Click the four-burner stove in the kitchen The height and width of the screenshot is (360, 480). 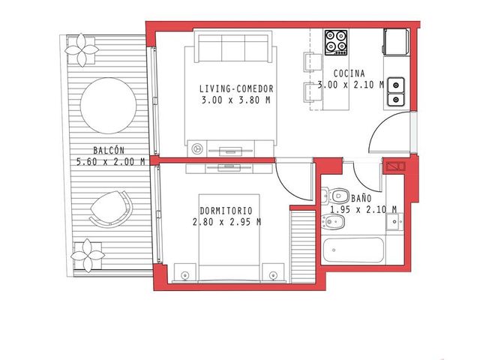pyautogui.click(x=336, y=42)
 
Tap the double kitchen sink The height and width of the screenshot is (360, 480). pyautogui.click(x=396, y=91)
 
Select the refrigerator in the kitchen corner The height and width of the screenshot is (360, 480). pyautogui.click(x=396, y=42)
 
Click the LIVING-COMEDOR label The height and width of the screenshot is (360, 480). pyautogui.click(x=236, y=88)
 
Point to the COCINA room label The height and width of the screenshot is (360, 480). pyautogui.click(x=349, y=73)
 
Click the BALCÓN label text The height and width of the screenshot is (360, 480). pyautogui.click(x=109, y=150)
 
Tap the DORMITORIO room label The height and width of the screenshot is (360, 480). pyautogui.click(x=226, y=211)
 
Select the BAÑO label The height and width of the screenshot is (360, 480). pyautogui.click(x=361, y=198)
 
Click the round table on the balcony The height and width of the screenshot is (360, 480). pyautogui.click(x=108, y=106)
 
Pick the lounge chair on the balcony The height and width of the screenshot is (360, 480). pyautogui.click(x=112, y=209)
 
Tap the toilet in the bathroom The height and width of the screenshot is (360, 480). pyautogui.click(x=335, y=195)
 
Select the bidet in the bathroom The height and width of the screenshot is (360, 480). pyautogui.click(x=333, y=222)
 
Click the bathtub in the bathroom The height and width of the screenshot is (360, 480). pyautogui.click(x=353, y=250)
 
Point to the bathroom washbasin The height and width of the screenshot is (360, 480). pyautogui.click(x=394, y=221)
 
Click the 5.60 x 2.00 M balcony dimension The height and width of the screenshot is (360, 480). pyautogui.click(x=110, y=162)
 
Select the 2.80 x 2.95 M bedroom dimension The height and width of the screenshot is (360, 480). pyautogui.click(x=226, y=222)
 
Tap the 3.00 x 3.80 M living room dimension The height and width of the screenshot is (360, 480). pyautogui.click(x=236, y=100)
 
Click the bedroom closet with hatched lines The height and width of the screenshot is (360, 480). pyautogui.click(x=303, y=247)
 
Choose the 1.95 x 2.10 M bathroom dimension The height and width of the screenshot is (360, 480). pyautogui.click(x=363, y=209)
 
